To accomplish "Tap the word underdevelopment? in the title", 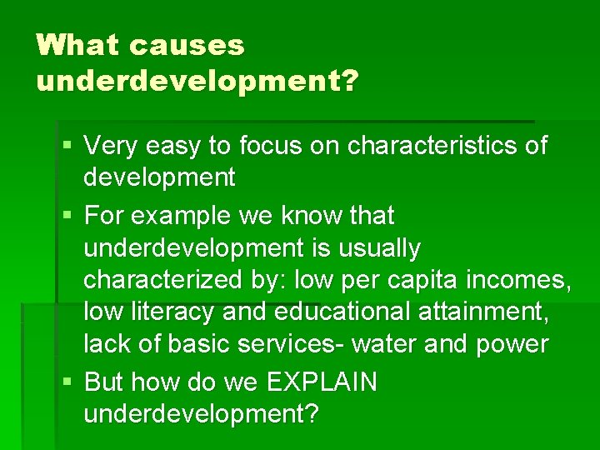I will (197, 82).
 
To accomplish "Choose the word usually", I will (381, 247).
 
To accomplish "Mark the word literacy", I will (167, 312).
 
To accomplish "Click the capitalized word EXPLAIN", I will (322, 382).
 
